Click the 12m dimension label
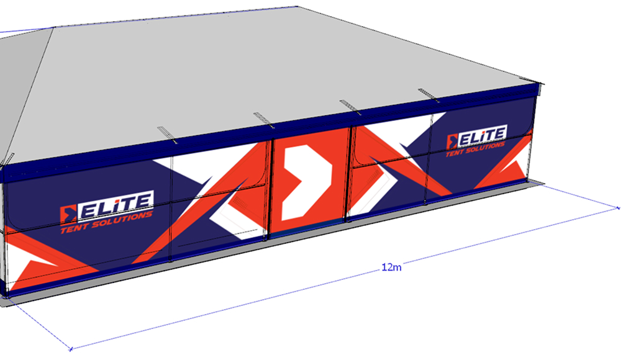pyautogui.click(x=391, y=267)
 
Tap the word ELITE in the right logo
pyautogui.click(x=482, y=136)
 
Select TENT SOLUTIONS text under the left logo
pyautogui.click(x=106, y=222)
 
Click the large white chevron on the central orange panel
pyautogui.click(x=306, y=182)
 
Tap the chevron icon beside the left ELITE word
pyautogui.click(x=68, y=215)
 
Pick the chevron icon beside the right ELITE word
pyautogui.click(x=452, y=142)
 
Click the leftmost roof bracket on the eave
pyautogui.click(x=167, y=135)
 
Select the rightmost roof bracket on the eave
pyautogui.click(x=429, y=95)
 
